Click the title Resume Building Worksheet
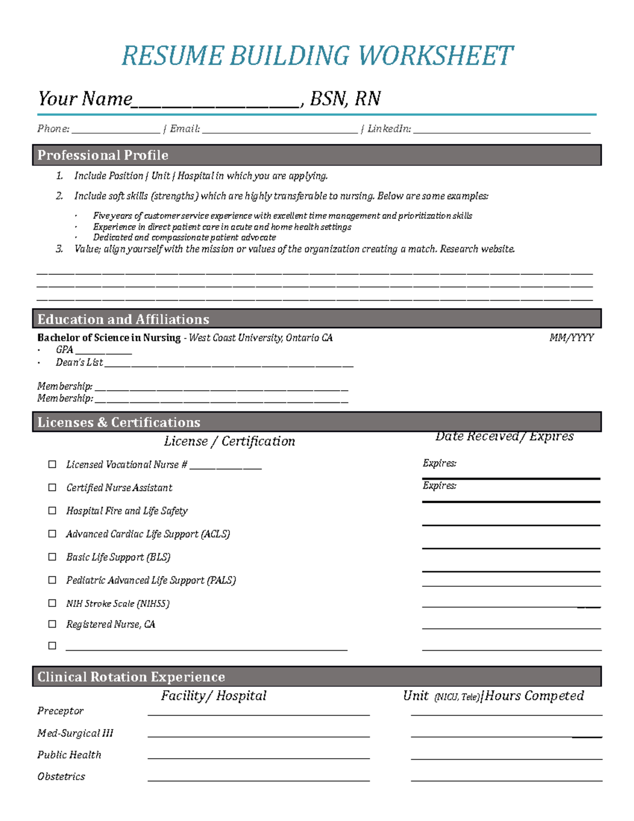point(317,56)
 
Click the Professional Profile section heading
point(103,155)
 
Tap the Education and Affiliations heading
point(123,319)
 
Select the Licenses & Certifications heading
point(119,422)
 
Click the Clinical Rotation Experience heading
point(131,677)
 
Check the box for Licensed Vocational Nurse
point(52,464)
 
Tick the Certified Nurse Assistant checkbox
point(52,487)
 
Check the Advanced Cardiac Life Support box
point(52,534)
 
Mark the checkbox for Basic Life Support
point(52,557)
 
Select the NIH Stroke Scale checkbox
point(52,603)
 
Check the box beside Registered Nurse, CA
point(52,624)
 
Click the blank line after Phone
point(116,130)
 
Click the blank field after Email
point(280,130)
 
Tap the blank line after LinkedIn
point(502,130)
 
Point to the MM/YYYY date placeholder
point(572,338)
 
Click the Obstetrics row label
point(61,777)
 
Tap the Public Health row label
point(69,755)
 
